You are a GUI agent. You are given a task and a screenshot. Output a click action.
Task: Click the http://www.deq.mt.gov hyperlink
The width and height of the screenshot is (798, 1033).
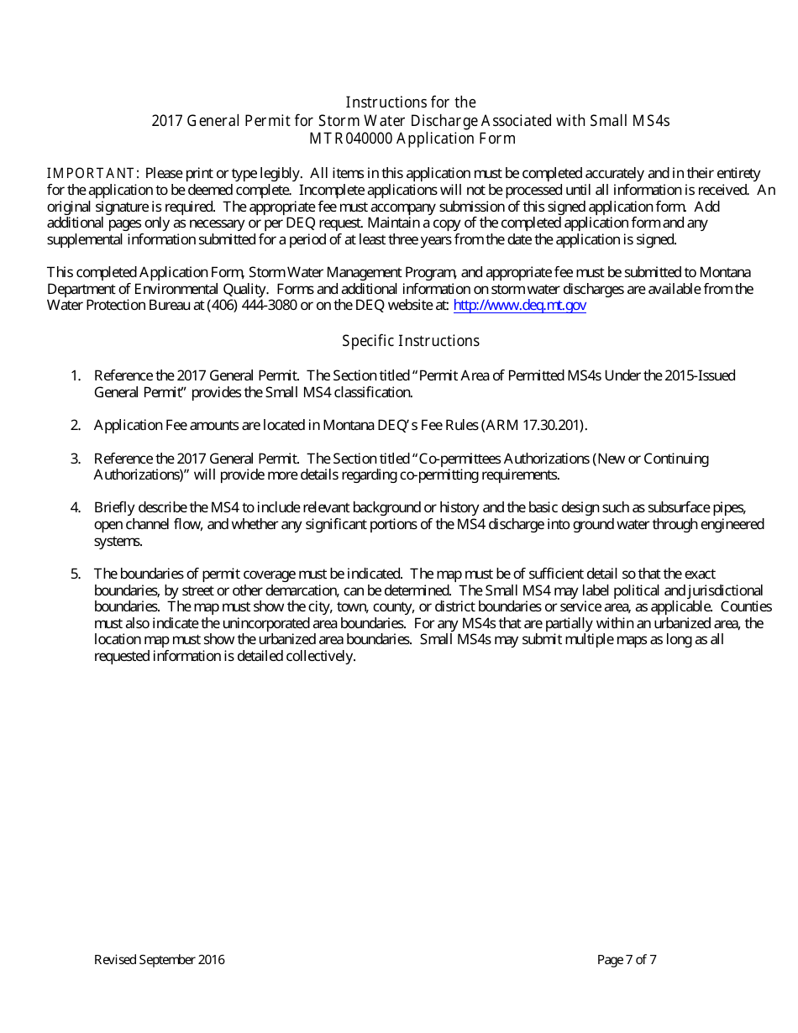point(519,306)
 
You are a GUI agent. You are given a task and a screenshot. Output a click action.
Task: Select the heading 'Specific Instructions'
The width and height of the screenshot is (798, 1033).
point(411,341)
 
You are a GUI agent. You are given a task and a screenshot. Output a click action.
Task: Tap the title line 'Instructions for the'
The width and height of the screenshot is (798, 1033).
point(411,102)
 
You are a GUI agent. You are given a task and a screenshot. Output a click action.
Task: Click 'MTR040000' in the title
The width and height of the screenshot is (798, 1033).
point(344,139)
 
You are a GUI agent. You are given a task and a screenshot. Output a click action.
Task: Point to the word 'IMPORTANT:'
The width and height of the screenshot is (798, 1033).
point(93,173)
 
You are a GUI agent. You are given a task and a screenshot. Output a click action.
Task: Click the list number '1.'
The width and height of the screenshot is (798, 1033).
point(76,375)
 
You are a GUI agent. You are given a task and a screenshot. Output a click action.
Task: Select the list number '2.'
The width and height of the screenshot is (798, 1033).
point(76,425)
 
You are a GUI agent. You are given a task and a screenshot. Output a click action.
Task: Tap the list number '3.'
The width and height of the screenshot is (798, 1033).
point(76,459)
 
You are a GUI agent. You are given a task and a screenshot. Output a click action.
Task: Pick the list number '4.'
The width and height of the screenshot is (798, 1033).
point(76,507)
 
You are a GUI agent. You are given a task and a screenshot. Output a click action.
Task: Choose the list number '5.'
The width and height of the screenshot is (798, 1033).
point(76,574)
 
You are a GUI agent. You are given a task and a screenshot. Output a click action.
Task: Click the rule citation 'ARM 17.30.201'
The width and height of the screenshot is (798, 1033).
point(534,425)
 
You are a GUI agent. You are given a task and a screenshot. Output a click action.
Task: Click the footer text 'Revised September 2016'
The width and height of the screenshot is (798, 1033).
point(159,960)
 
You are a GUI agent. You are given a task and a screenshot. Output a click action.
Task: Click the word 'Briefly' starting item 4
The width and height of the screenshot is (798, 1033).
point(113,507)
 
